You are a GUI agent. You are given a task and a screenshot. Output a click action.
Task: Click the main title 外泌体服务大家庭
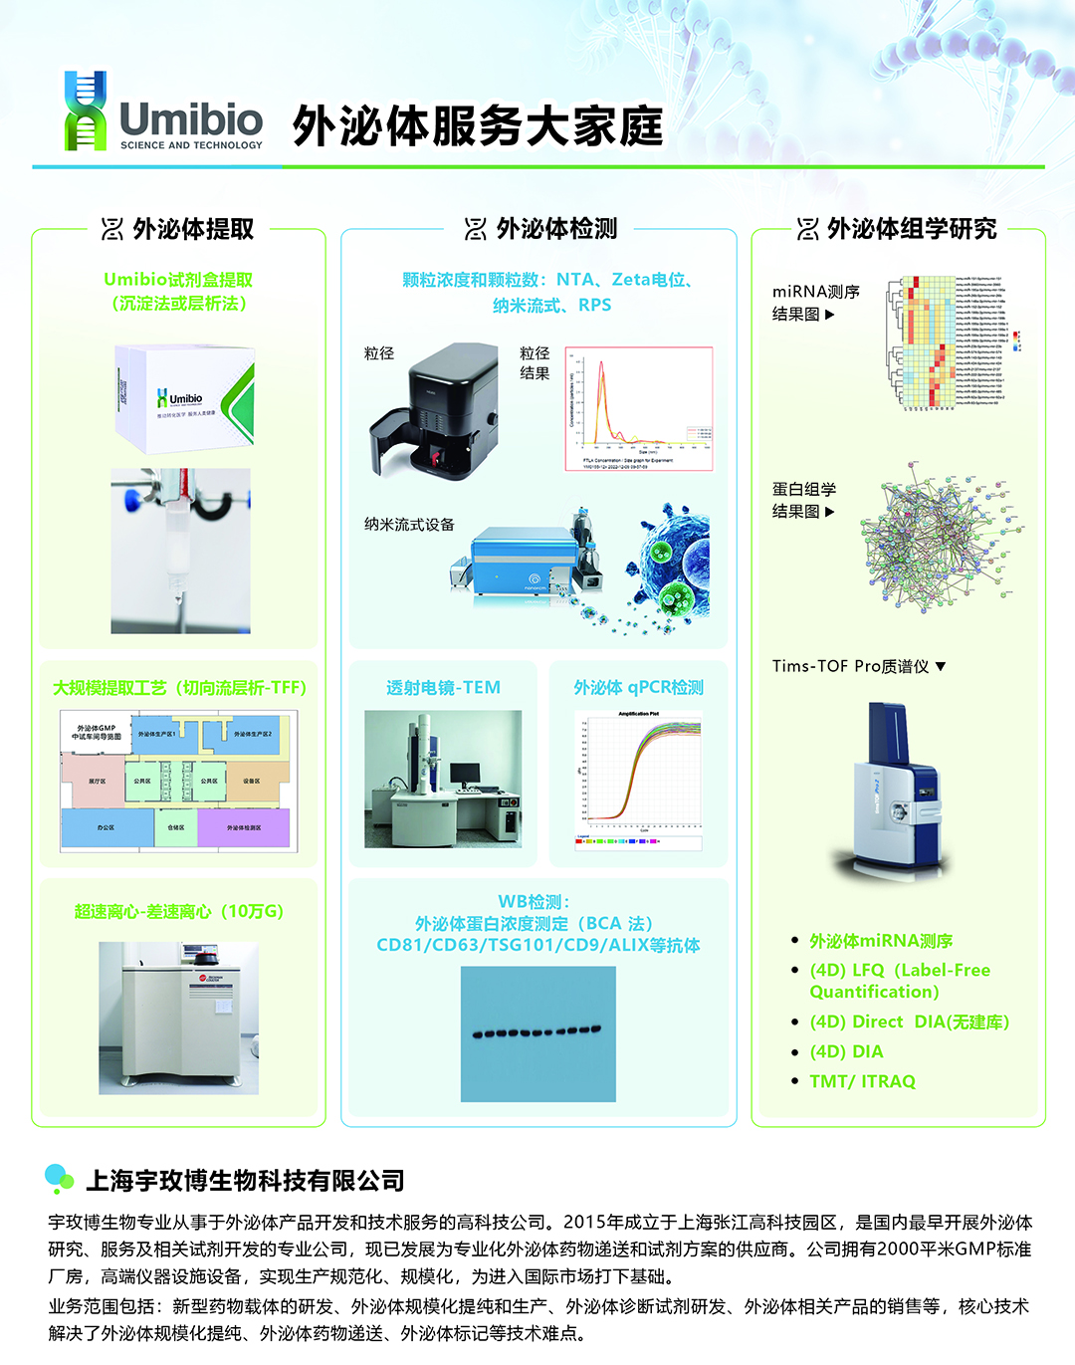[x=477, y=126]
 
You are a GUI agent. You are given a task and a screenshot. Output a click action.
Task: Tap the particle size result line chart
[x=639, y=408]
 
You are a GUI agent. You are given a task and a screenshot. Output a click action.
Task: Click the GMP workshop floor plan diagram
[x=178, y=781]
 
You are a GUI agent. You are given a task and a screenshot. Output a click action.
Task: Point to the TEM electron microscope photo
[x=443, y=779]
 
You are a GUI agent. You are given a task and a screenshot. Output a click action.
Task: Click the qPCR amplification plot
[x=639, y=781]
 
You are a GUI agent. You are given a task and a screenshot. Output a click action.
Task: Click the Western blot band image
[x=537, y=1033]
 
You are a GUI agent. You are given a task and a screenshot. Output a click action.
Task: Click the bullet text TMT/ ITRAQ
[x=862, y=1081]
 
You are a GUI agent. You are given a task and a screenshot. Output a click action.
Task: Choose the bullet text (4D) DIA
[x=846, y=1051]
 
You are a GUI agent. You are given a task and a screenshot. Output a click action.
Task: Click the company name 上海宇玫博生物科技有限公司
[x=245, y=1181]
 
